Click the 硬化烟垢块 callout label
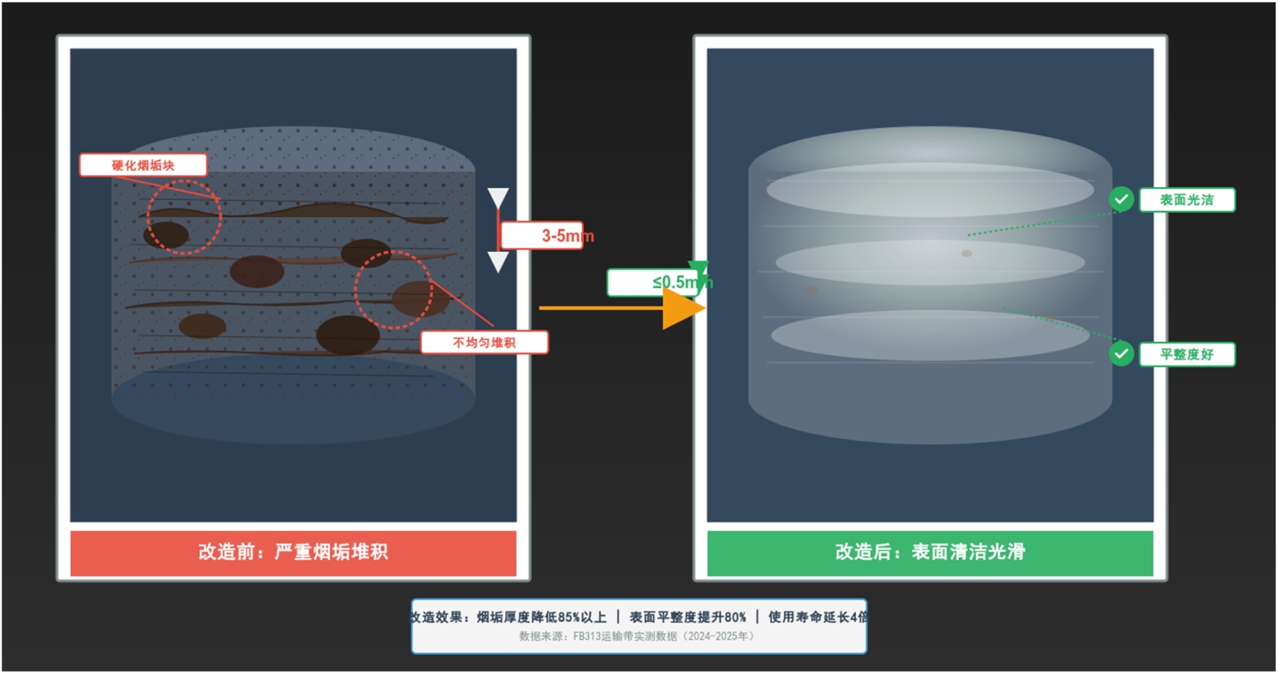click(143, 166)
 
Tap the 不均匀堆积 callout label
click(484, 342)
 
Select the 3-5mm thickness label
click(543, 236)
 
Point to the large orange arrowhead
click(682, 308)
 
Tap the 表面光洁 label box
click(1187, 200)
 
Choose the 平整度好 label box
click(1187, 354)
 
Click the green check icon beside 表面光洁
click(1121, 199)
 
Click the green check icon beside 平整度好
click(1121, 353)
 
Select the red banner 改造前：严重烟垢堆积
click(293, 552)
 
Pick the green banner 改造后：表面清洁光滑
click(930, 552)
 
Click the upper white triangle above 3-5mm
click(498, 197)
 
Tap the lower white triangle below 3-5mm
click(498, 261)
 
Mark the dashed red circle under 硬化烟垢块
click(184, 217)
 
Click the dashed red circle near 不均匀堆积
click(393, 290)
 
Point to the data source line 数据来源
click(636, 637)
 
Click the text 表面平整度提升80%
click(688, 617)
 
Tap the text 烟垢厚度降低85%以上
click(541, 617)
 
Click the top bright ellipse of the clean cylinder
click(930, 190)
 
